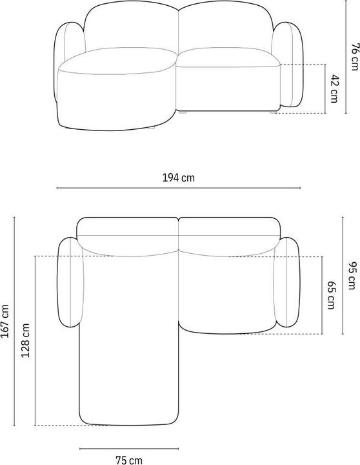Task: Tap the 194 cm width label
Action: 178,179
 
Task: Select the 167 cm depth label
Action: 6,321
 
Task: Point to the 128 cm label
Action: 26,342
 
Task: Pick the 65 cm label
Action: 331,295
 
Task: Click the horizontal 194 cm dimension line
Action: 178,189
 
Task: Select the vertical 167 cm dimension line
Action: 14,321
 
